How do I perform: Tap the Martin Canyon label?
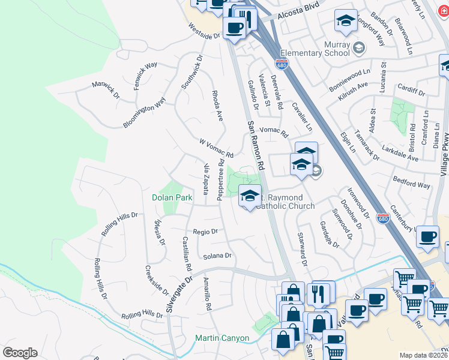(x=222, y=338)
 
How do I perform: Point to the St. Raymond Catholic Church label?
(x=284, y=202)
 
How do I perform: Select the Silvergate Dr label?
(x=179, y=294)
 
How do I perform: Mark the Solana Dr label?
(x=217, y=256)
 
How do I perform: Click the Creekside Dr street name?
(x=157, y=280)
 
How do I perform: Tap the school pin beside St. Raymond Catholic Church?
(x=250, y=196)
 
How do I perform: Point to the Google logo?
(x=20, y=353)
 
